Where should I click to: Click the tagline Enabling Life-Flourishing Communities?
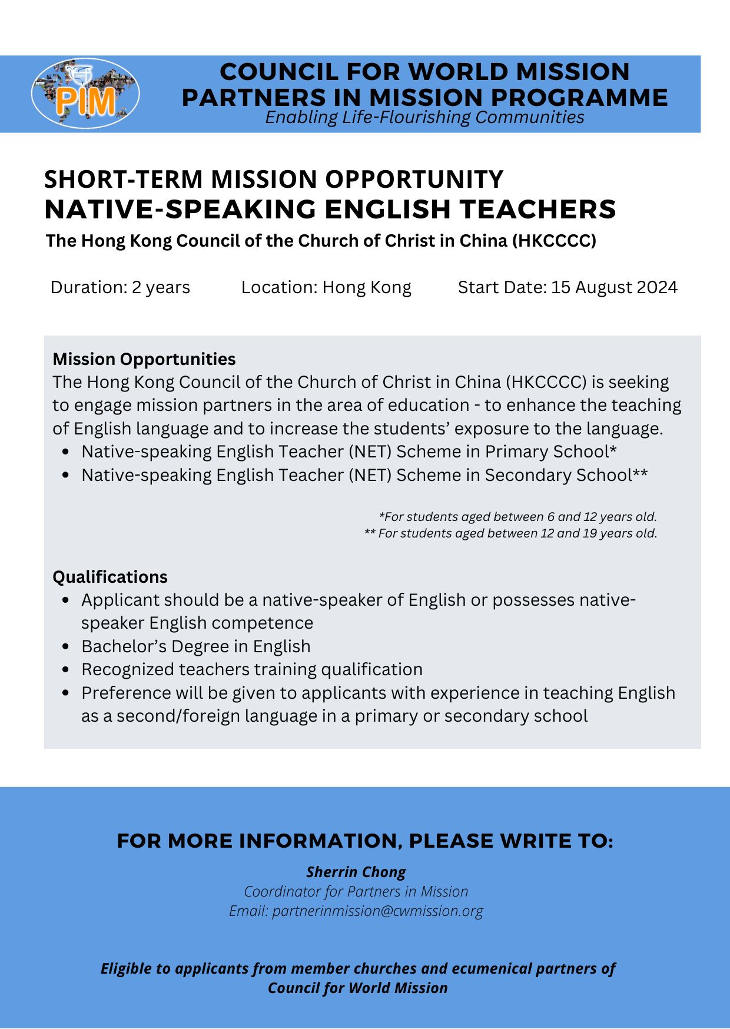(x=424, y=117)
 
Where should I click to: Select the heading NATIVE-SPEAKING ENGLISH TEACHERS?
(x=330, y=209)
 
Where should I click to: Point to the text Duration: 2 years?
(x=120, y=287)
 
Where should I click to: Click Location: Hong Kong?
(x=326, y=287)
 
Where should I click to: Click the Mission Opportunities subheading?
(x=144, y=359)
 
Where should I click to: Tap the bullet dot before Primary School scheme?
(x=67, y=452)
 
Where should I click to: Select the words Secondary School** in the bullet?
(x=566, y=475)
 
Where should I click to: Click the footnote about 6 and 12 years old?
(x=517, y=517)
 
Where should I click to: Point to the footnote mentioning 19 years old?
(x=510, y=533)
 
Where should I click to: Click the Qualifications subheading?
(x=110, y=577)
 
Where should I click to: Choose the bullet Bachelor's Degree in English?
(x=195, y=646)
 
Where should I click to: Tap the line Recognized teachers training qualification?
(x=252, y=669)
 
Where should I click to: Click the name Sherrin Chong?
(x=356, y=872)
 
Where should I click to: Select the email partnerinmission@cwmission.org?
(x=377, y=911)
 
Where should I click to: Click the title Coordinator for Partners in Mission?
(x=356, y=891)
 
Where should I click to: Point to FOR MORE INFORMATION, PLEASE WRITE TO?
(x=365, y=841)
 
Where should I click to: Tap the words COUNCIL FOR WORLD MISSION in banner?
(x=424, y=72)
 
